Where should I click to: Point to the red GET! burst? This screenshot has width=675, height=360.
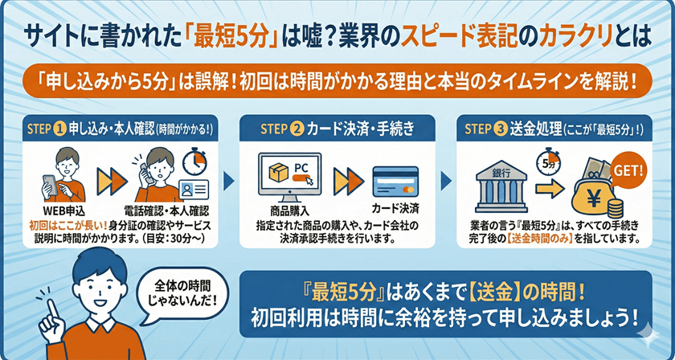pos(628,170)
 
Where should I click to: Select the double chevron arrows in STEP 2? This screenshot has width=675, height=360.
pos(345,179)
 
